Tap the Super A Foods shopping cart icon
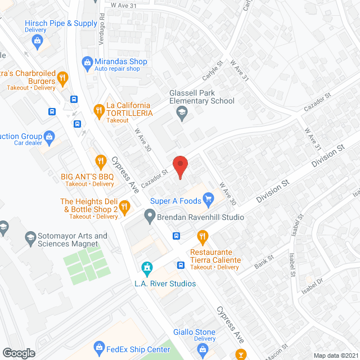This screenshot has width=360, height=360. [x=209, y=198]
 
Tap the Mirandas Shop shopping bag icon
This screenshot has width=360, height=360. [x=87, y=61]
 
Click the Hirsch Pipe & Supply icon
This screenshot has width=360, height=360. [x=37, y=40]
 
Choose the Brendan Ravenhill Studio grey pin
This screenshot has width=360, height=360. [x=150, y=214]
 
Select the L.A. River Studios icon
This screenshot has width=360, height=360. [x=147, y=267]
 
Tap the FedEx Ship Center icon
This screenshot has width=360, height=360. [x=99, y=346]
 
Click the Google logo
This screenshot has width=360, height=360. [x=19, y=353]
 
